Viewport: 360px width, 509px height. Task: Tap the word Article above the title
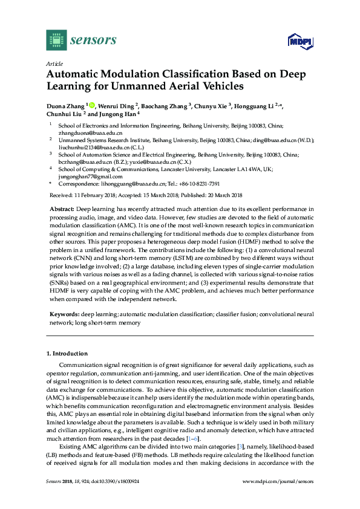click(54, 63)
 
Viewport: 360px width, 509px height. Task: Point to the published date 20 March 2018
click(218, 195)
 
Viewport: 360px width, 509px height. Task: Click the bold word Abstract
click(60, 209)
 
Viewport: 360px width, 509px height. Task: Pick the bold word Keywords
click(62, 315)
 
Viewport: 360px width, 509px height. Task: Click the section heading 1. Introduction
click(67, 353)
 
